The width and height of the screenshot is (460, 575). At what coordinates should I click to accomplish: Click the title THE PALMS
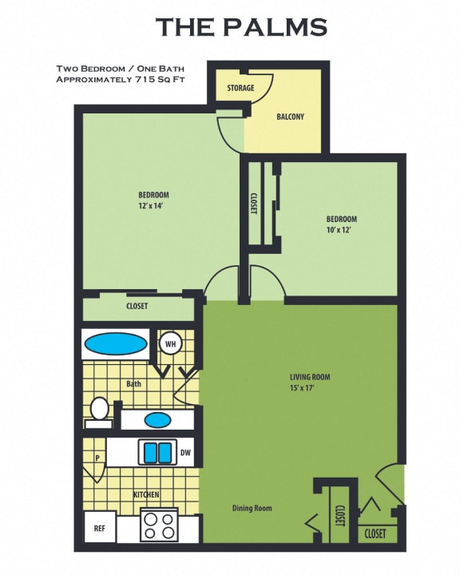point(241,26)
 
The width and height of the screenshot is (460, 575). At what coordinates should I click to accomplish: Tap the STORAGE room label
point(241,88)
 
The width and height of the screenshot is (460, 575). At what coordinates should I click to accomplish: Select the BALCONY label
point(290,117)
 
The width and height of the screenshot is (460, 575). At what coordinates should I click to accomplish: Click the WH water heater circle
point(170,343)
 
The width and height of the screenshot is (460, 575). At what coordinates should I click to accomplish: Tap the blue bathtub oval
point(117,344)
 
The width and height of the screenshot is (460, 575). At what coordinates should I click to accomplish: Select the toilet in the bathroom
point(99,410)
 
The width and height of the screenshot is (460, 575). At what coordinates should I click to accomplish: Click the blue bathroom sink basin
point(157,418)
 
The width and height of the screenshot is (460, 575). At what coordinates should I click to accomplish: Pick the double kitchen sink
point(157,453)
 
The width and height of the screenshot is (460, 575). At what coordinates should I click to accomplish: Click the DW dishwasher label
point(185,453)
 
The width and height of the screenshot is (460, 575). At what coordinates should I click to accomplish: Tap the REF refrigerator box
point(100,528)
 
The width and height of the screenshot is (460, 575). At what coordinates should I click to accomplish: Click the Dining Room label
point(252,508)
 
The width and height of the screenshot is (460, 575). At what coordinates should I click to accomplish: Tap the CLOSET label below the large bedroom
point(137,306)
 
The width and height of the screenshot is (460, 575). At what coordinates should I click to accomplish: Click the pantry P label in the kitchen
point(97,460)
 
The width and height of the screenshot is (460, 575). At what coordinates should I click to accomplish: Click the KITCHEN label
point(146,495)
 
